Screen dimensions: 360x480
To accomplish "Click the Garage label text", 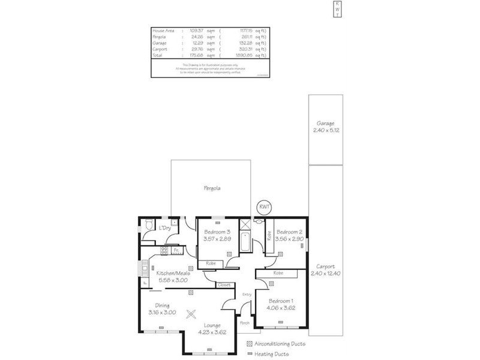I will pos(326,122).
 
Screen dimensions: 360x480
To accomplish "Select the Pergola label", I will pos(211,188).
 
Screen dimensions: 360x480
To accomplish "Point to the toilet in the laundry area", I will pos(148,227).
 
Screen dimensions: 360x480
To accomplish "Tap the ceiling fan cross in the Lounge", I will pos(192,313).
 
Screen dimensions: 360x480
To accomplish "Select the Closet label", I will pos(224,284).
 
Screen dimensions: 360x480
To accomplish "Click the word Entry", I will pos(247,294).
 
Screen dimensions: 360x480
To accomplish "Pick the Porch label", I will pos(245,323).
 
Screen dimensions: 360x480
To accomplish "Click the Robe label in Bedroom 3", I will pos(211,263).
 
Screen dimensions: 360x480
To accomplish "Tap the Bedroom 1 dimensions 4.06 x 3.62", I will pos(281,308).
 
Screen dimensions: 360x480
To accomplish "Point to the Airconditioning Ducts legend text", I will pos(280,344).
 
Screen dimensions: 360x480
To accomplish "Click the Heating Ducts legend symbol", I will pos(250,354).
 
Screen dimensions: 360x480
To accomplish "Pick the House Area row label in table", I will pos(163,30).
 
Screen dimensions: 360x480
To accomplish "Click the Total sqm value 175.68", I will pos(198,55).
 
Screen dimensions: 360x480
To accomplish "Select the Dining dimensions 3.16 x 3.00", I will pos(163,312).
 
